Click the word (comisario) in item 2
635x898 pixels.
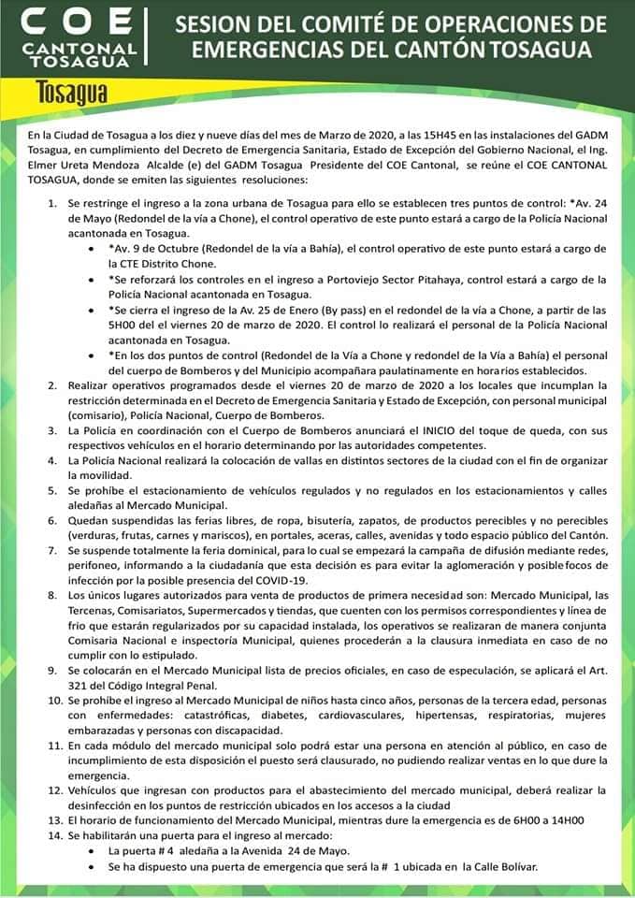100,414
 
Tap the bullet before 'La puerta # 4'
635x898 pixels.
89,851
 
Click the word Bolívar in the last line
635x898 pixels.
514,866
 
